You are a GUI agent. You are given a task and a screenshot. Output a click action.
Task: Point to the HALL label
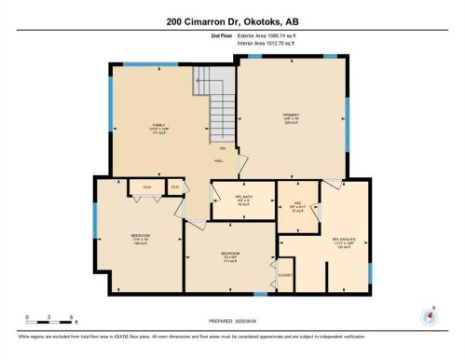[x=219, y=160]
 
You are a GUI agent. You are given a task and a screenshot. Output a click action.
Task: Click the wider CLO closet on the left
[x=146, y=187]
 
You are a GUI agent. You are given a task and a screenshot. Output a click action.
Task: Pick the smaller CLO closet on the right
[x=174, y=187]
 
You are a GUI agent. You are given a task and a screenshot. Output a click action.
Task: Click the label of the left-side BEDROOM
[x=141, y=236]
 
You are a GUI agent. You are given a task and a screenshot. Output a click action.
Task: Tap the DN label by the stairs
[x=222, y=148]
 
